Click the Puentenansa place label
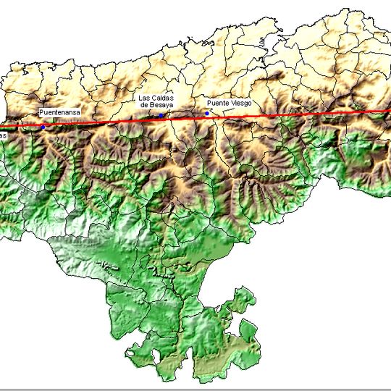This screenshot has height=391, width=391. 59,113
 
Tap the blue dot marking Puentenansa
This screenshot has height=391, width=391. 43,127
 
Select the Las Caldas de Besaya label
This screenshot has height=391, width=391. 157,101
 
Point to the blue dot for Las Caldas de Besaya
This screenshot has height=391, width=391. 161,115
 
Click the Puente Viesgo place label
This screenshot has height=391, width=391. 230,104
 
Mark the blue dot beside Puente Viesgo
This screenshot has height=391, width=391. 207,113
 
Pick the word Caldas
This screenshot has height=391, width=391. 163,98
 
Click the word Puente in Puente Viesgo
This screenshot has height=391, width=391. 218,104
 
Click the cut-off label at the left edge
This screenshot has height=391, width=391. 3,135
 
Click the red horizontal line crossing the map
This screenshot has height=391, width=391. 290,115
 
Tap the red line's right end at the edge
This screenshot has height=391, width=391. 389,111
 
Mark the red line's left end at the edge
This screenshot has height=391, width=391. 1,130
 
